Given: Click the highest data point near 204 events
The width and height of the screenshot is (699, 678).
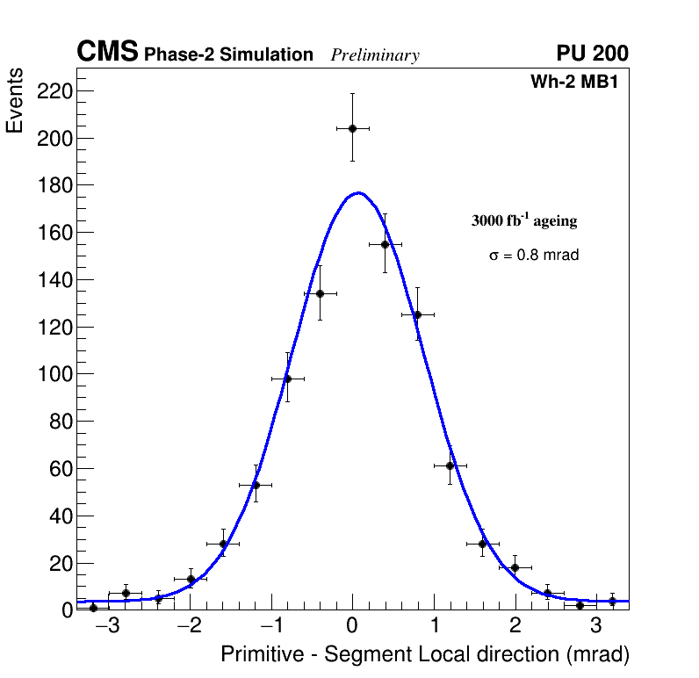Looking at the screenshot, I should pyautogui.click(x=352, y=128).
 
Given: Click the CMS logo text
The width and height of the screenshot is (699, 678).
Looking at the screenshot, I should pyautogui.click(x=107, y=54).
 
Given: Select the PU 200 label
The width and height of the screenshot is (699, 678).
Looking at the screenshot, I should pyautogui.click(x=592, y=54).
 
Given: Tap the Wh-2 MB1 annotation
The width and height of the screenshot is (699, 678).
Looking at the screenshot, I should pyautogui.click(x=580, y=83).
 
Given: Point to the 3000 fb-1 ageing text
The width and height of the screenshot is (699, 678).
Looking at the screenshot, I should pyautogui.click(x=524, y=220).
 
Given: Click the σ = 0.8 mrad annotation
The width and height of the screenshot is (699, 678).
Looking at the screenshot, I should pyautogui.click(x=534, y=256).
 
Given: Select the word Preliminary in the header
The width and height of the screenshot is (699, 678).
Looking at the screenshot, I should pyautogui.click(x=375, y=56).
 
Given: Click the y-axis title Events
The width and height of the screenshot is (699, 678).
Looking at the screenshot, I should pyautogui.click(x=15, y=101).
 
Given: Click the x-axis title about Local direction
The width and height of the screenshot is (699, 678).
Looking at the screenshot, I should pyautogui.click(x=425, y=654).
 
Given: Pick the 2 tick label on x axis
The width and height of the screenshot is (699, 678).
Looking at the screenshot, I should pyautogui.click(x=515, y=626).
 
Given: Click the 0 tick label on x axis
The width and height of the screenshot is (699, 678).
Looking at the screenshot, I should pyautogui.click(x=352, y=626).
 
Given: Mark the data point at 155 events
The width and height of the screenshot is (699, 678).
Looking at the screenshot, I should pyautogui.click(x=385, y=244).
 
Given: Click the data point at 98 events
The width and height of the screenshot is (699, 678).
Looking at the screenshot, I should pyautogui.click(x=287, y=379).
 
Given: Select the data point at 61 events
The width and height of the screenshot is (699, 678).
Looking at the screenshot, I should pyautogui.click(x=450, y=465).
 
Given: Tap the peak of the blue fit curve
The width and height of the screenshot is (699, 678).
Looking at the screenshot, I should pyautogui.click(x=357, y=193).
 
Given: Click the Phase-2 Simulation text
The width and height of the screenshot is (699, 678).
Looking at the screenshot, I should pyautogui.click(x=228, y=55).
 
